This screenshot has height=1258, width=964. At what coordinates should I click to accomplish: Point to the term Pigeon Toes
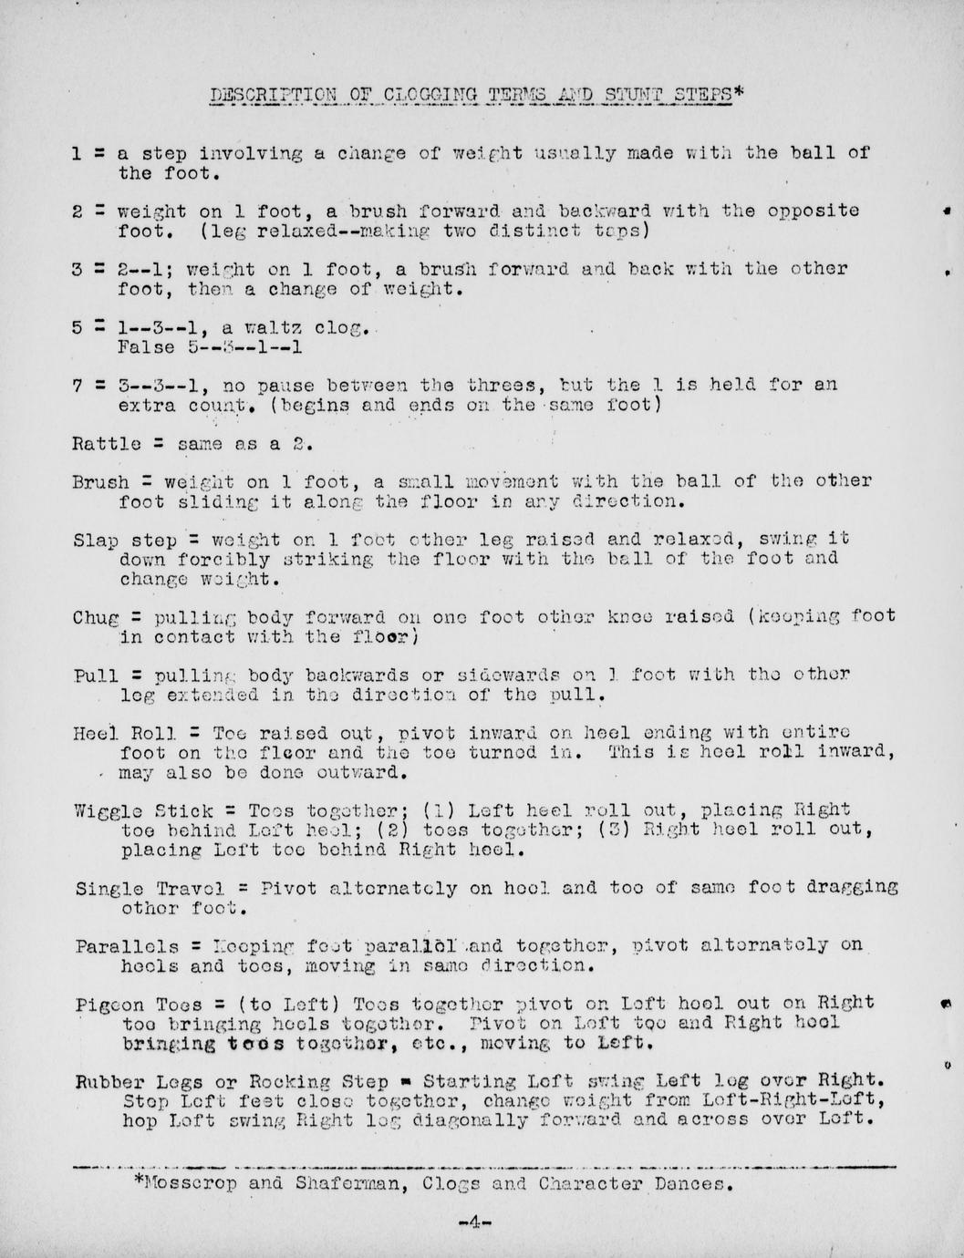[x=139, y=1003]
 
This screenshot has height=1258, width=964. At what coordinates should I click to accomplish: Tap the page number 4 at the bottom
[x=474, y=1222]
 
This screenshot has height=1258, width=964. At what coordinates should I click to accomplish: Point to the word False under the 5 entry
[x=146, y=347]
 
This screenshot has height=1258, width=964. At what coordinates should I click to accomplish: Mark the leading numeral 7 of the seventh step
[x=78, y=386]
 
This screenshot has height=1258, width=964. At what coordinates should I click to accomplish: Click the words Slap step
[x=124, y=540]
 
